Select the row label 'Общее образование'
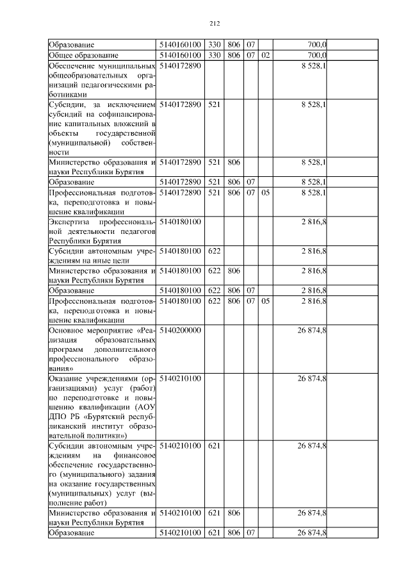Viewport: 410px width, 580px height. pyautogui.click(x=81, y=55)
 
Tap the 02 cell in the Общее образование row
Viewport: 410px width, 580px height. pyautogui.click(x=266, y=55)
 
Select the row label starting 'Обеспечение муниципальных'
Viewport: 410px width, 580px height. pyautogui.click(x=102, y=65)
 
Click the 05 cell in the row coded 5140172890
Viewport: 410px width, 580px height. pyautogui.click(x=266, y=192)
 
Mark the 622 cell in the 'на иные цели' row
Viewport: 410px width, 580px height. pyautogui.click(x=214, y=251)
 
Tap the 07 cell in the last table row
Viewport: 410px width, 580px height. pyautogui.click(x=250, y=533)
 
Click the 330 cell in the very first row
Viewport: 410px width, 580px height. pyautogui.click(x=214, y=45)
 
